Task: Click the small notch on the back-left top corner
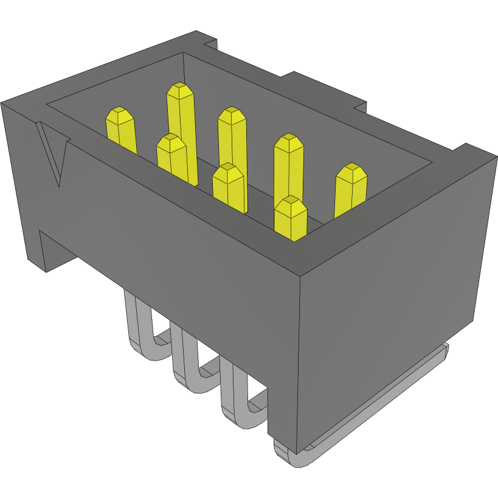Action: pyautogui.click(x=210, y=43)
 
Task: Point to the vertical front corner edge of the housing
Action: pyautogui.click(x=301, y=365)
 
